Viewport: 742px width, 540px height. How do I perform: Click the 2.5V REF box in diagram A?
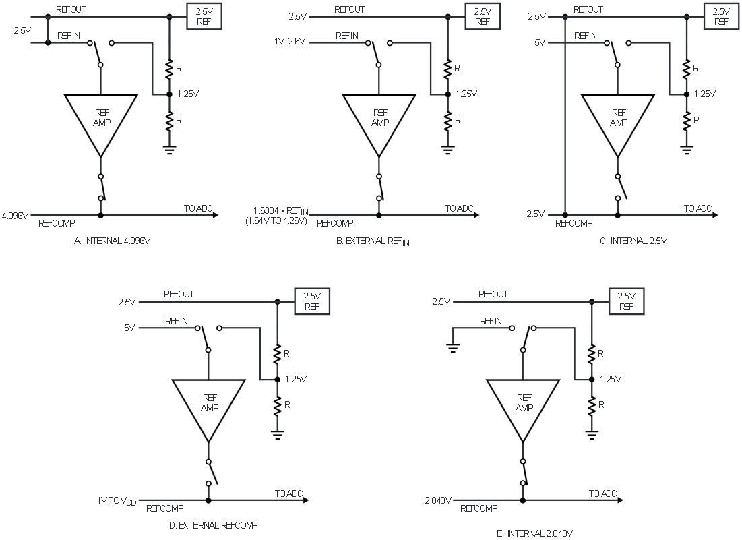(x=204, y=17)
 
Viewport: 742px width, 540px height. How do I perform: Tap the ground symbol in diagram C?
(x=686, y=150)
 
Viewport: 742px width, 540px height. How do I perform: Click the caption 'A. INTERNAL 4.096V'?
(x=112, y=241)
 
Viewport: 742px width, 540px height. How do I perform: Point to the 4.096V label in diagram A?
(x=15, y=215)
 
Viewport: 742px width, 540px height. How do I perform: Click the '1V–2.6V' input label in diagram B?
(x=290, y=42)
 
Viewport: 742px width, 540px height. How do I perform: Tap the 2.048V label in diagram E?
(x=438, y=500)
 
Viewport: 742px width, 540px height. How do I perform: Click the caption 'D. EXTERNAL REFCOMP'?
(x=213, y=525)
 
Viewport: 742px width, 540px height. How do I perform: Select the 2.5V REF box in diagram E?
(x=626, y=301)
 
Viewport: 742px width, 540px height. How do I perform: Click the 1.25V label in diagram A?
(x=188, y=94)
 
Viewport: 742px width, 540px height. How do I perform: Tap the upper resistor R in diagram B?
(x=447, y=69)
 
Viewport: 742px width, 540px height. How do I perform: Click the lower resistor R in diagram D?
(x=277, y=407)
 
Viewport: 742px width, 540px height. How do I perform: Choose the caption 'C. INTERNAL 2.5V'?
(x=633, y=241)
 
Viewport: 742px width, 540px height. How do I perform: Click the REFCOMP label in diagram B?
(x=335, y=223)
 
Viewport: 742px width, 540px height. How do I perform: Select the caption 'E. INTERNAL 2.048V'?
(x=535, y=534)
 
